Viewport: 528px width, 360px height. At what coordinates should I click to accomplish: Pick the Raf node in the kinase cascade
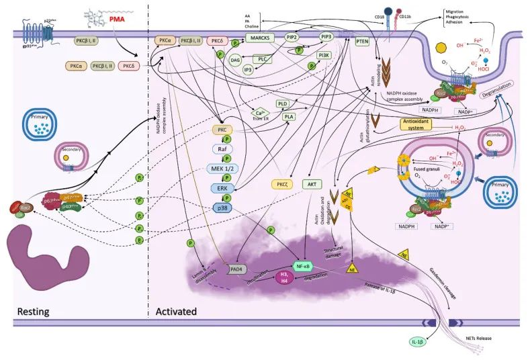tap(222, 148)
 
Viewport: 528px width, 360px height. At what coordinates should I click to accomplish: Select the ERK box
tap(222, 189)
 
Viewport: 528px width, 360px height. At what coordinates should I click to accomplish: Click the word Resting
tap(34, 312)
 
